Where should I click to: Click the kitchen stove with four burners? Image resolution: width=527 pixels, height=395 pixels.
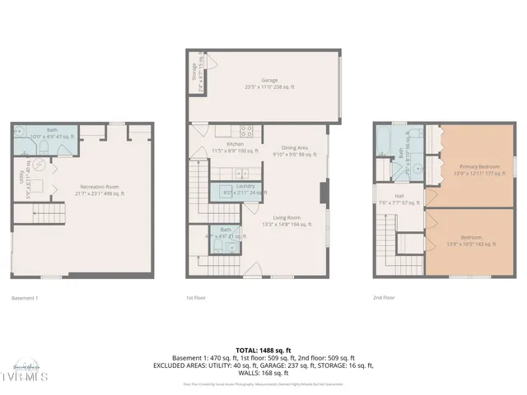pos(245,129)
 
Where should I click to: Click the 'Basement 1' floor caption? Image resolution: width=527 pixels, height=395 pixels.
pos(29,298)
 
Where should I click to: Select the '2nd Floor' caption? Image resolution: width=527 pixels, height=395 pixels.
pos(384,298)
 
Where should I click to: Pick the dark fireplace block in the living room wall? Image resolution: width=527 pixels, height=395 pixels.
pos(323,191)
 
